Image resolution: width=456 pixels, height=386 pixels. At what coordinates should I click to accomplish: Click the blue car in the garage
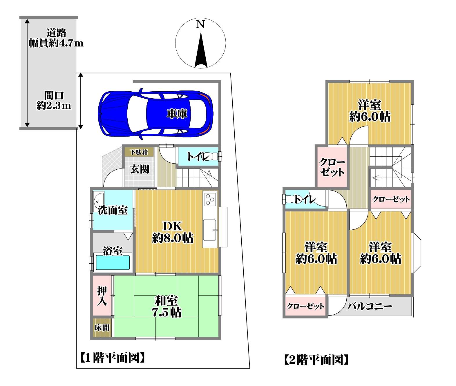click(x=155, y=114)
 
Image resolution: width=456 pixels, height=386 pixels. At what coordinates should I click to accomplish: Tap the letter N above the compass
click(x=200, y=24)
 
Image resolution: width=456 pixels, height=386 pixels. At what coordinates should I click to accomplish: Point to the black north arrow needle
click(x=201, y=50)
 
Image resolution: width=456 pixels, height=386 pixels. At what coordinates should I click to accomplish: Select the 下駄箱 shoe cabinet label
click(x=139, y=152)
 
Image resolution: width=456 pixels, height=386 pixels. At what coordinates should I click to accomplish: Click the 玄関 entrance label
click(x=140, y=169)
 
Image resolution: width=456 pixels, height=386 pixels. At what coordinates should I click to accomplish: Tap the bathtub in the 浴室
click(x=113, y=262)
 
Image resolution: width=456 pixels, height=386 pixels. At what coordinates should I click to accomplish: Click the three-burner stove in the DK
click(x=210, y=200)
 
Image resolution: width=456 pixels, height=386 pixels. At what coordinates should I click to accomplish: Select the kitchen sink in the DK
click(x=209, y=230)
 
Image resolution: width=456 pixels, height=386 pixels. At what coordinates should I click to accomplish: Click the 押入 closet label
click(x=102, y=296)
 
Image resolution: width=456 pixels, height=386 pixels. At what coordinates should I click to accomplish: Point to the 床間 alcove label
click(x=102, y=328)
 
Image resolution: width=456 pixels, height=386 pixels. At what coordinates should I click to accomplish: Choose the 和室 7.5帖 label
click(x=167, y=306)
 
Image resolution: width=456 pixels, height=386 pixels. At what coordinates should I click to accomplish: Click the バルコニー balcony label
click(x=370, y=306)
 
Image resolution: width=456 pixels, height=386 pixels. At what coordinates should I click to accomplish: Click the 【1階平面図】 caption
click(x=112, y=358)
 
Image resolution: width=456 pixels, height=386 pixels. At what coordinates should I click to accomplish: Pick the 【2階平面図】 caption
click(x=316, y=360)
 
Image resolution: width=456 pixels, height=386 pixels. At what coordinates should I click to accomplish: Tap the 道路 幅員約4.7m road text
click(x=56, y=38)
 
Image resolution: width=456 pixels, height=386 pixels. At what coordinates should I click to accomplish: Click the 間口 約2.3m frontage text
click(x=54, y=101)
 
